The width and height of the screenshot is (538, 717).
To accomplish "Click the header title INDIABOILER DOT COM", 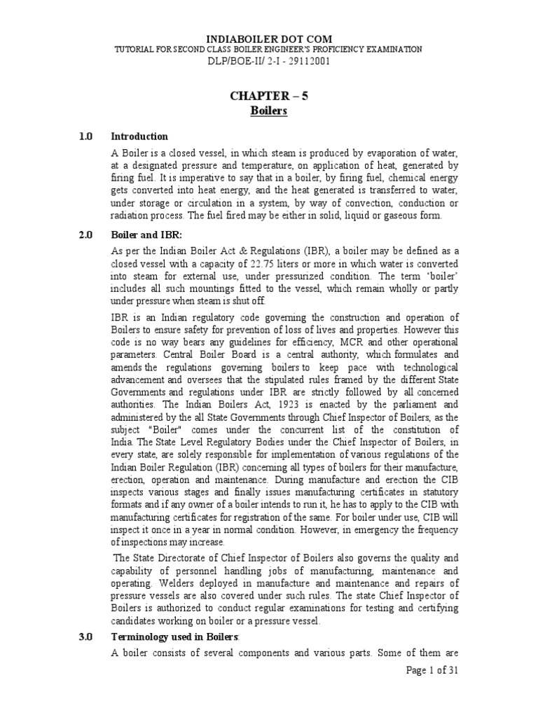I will point(269,39).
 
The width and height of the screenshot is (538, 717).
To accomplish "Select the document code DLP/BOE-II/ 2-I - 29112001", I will point(269,61).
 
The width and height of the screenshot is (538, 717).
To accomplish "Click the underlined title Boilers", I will point(269,111).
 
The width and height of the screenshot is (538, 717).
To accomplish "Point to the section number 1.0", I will point(86,137).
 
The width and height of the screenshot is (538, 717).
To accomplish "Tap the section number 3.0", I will point(86,636).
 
